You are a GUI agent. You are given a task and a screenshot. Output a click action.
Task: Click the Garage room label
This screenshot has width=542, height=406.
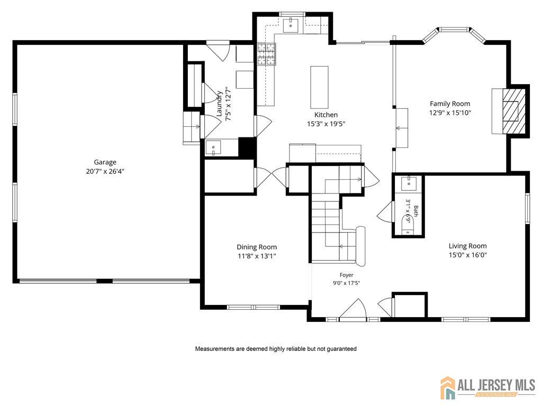click(x=105, y=162)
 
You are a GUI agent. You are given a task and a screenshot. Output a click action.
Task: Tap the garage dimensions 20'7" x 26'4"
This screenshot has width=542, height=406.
click(x=105, y=171)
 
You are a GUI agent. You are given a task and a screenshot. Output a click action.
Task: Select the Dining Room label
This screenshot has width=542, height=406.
click(x=257, y=247)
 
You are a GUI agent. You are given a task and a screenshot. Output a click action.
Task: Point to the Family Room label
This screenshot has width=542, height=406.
click(x=450, y=104)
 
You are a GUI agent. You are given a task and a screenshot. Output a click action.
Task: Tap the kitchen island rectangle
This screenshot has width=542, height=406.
click(x=319, y=87)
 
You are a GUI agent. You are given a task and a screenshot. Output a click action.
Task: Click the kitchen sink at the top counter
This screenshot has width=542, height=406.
click(x=291, y=25)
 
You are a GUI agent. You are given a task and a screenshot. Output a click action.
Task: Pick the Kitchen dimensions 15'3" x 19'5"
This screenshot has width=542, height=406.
click(x=326, y=124)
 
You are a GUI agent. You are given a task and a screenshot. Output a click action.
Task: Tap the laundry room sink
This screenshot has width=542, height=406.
click(x=213, y=148)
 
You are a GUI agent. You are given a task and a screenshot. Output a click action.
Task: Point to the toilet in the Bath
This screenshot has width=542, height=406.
click(x=408, y=225)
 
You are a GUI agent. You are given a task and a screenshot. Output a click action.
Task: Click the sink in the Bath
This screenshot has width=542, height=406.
click(x=409, y=183)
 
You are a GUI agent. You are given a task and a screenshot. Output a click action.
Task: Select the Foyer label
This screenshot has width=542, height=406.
click(x=346, y=275)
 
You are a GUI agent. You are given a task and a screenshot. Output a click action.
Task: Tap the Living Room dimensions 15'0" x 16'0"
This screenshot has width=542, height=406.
click(x=468, y=255)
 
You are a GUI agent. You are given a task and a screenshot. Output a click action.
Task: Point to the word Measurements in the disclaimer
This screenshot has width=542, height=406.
click(x=215, y=349)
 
